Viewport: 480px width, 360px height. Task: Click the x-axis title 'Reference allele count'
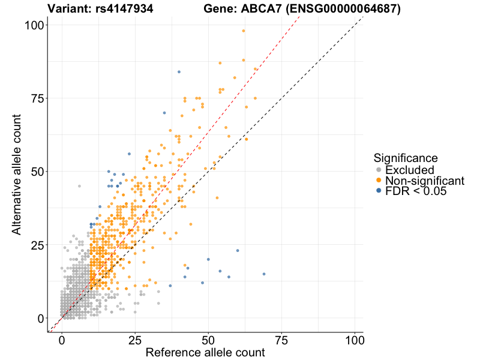205,352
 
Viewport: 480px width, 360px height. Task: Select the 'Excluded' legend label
409,170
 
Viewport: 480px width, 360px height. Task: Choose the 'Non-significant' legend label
424,181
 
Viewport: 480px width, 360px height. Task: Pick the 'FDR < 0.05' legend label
416,191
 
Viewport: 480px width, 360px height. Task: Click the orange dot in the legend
378,181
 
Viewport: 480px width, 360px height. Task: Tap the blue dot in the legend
378,191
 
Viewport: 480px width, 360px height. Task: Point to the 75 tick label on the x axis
281,340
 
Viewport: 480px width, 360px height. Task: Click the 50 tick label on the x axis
208,340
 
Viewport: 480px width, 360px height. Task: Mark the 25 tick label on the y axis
37,245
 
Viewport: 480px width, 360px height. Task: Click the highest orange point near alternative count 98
244,31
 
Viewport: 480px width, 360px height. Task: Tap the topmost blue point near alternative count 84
179,72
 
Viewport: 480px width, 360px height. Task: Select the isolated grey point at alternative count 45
79,186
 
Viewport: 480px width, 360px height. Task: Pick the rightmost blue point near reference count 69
264,274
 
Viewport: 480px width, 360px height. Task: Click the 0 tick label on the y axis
41,318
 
